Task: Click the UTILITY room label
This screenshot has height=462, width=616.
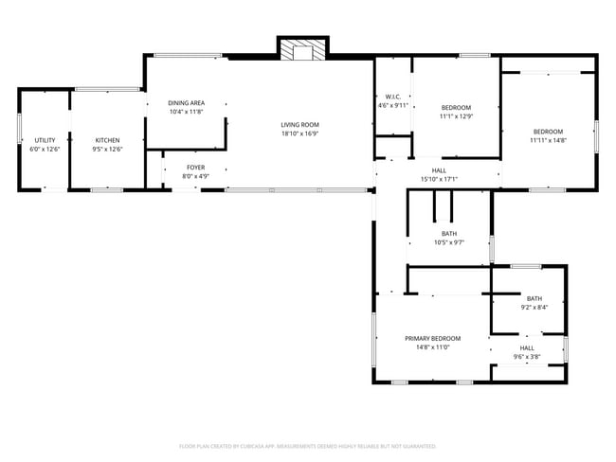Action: pos(44,140)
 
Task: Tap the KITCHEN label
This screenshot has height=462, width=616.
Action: pos(106,140)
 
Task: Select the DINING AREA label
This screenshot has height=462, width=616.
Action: pos(186,103)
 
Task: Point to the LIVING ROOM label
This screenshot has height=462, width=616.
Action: pos(299,125)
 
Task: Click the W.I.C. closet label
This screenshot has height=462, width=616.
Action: pos(393,97)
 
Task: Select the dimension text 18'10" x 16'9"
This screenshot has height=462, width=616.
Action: pos(299,133)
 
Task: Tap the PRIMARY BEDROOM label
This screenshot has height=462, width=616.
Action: pos(432,339)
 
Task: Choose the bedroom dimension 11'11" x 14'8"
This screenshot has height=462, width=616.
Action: pos(548,140)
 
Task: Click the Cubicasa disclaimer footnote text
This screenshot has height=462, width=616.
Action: pos(307,445)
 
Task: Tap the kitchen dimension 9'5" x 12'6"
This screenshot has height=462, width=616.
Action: pos(106,149)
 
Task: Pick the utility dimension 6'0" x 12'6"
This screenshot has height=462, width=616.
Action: pos(44,149)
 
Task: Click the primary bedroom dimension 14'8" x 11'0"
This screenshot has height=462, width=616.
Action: pos(432,347)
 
